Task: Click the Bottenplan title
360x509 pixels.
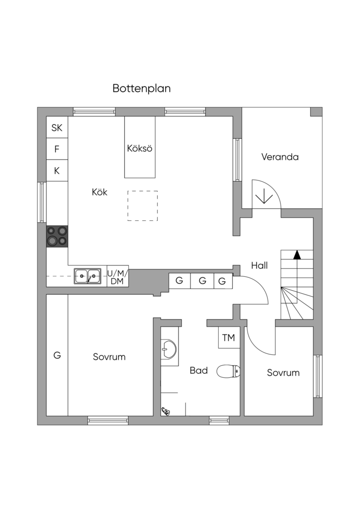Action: [142, 88]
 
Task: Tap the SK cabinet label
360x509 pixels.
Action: [57, 128]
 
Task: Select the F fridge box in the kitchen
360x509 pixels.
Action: [57, 149]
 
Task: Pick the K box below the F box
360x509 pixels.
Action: [57, 170]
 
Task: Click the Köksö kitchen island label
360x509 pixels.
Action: [140, 148]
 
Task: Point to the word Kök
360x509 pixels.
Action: [99, 192]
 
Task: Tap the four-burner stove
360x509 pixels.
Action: [57, 236]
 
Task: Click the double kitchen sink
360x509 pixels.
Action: [88, 276]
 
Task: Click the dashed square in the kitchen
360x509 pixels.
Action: [143, 206]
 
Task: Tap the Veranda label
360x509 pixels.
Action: [280, 157]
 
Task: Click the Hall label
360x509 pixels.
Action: [260, 265]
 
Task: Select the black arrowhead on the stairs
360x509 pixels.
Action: [297, 255]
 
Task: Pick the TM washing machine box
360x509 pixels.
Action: [229, 338]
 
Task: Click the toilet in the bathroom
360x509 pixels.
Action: [229, 371]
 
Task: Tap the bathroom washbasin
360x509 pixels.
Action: [169, 349]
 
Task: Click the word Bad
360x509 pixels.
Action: [199, 370]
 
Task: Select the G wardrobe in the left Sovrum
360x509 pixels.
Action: [57, 355]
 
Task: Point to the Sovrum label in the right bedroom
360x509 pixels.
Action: [283, 373]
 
